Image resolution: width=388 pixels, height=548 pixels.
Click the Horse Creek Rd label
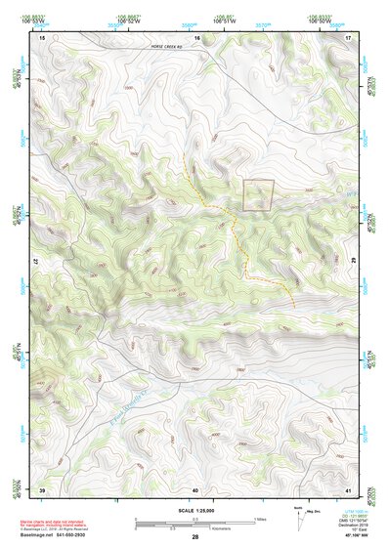(167, 46)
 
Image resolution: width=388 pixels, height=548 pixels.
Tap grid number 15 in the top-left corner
(42, 37)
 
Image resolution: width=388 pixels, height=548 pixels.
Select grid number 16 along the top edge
(195, 37)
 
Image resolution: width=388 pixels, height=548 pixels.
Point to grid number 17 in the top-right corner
(348, 37)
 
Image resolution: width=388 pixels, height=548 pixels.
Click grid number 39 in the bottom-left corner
(42, 489)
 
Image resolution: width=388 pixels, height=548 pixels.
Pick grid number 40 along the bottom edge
(195, 489)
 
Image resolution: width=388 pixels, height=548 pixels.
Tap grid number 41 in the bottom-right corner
(348, 489)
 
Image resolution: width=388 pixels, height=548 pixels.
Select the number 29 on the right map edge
(352, 263)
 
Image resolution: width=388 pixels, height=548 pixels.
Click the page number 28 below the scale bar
(195, 537)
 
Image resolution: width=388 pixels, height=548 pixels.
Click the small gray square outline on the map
(258, 195)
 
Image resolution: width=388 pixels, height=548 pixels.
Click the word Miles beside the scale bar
(260, 518)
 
